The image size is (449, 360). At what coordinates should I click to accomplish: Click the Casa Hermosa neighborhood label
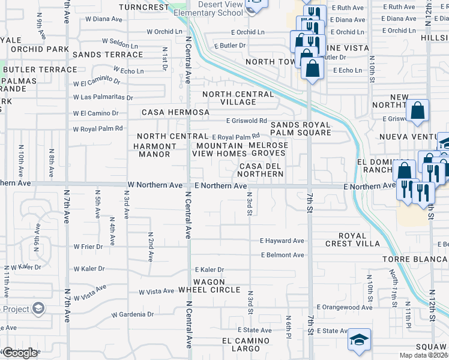tap(175, 112)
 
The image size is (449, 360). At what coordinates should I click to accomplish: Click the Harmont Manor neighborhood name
tap(155, 150)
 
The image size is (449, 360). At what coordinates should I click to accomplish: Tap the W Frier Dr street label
tap(89, 246)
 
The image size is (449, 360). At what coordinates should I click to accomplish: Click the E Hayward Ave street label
tap(282, 241)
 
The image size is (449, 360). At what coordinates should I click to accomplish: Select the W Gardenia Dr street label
tap(133, 314)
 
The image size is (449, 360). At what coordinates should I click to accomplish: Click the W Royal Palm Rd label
tap(98, 128)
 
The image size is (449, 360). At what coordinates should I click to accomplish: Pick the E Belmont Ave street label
tap(283, 255)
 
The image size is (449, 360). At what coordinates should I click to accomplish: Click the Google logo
tap(20, 353)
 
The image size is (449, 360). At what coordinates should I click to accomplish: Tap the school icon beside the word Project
tap(38, 308)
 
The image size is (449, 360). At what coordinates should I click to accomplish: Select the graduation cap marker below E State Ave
tap(359, 340)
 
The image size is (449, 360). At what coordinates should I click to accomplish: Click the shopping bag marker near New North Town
tap(417, 110)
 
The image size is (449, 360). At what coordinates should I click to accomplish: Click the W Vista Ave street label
tap(157, 292)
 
